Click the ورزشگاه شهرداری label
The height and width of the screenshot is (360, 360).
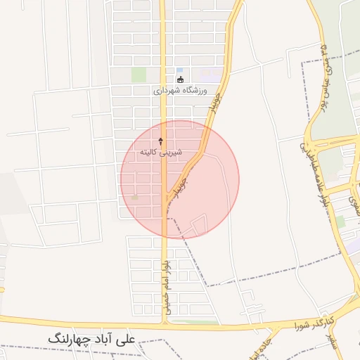180,91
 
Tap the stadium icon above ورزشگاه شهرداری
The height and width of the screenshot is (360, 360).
180,79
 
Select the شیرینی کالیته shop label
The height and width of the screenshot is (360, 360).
160,152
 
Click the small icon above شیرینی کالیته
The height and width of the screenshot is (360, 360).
160,141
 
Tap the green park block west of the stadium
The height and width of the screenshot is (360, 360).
139,75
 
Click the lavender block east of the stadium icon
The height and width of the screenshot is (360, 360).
209,74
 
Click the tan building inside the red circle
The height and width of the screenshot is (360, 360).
134,198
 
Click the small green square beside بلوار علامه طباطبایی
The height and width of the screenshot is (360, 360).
340,221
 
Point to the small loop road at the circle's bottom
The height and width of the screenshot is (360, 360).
198,225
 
